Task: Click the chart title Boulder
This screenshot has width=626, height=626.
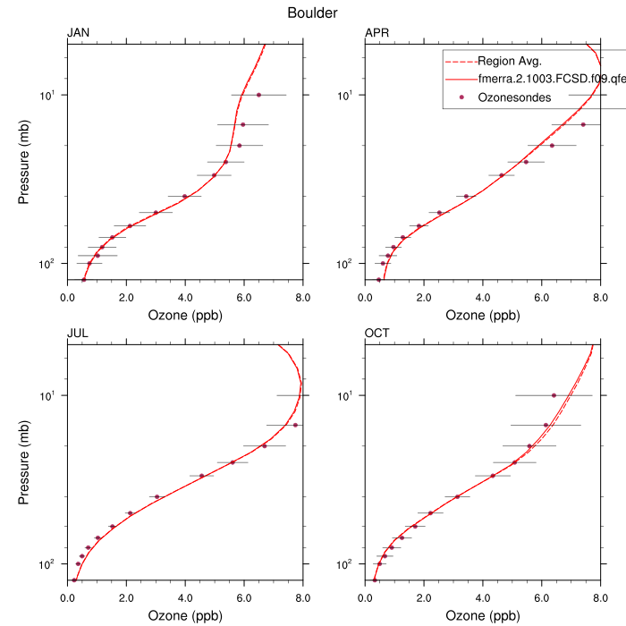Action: coord(312,13)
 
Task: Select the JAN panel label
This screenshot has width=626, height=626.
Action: coord(79,34)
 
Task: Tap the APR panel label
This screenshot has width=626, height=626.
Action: coord(376,34)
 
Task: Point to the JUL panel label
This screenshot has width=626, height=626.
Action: coord(78,334)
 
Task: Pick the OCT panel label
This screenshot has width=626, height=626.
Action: coord(377,334)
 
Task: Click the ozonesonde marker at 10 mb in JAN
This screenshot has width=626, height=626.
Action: coord(259,95)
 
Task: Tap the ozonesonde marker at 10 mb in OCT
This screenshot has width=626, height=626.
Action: coord(554,395)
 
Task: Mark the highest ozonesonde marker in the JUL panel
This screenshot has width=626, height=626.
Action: coord(295,425)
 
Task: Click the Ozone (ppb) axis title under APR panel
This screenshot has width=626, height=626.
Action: coord(482,315)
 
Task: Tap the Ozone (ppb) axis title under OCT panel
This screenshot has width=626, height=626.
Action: coord(482,616)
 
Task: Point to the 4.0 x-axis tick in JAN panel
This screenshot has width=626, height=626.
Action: coord(185,297)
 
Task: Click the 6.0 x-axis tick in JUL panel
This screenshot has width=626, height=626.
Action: coord(244,598)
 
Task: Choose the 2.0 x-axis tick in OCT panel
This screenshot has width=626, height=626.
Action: coord(424,598)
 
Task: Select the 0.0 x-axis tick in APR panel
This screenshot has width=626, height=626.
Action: coord(365,297)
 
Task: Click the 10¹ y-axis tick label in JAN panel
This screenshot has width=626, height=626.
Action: coord(50,95)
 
